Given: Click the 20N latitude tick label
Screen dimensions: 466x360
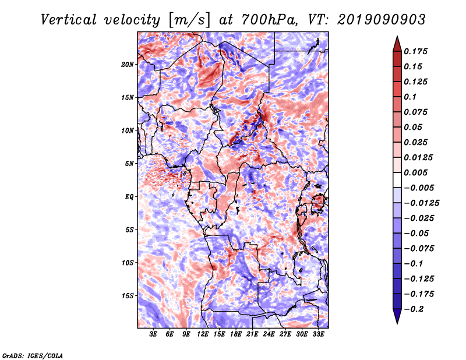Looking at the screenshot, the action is (128, 65).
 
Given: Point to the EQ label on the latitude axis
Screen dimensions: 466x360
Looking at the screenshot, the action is (129, 197).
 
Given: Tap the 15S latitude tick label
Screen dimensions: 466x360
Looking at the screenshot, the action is (128, 296).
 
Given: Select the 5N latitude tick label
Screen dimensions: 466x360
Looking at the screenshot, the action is (129, 164).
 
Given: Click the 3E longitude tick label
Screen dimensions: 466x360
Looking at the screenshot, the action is (153, 334).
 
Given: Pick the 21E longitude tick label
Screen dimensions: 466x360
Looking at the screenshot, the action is (252, 334).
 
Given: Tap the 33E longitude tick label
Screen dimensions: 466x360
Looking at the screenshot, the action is (318, 334).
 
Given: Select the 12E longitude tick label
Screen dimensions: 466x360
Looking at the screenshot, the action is (202, 334).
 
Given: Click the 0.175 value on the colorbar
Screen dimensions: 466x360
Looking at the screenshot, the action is (415, 51).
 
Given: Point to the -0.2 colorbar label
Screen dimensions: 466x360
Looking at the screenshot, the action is (414, 309).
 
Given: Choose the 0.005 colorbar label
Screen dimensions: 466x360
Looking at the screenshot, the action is (415, 172).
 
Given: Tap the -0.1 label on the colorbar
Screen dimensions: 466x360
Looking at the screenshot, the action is (414, 264).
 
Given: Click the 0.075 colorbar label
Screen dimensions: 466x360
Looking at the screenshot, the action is (415, 112).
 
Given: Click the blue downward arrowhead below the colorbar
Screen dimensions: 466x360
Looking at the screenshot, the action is (397, 316).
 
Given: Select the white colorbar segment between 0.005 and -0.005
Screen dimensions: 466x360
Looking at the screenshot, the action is (397, 180).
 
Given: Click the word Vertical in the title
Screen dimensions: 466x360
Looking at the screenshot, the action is (69, 20).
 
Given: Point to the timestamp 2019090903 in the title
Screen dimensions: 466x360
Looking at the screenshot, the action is (382, 20).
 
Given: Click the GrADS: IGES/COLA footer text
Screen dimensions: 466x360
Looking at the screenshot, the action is (33, 356).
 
